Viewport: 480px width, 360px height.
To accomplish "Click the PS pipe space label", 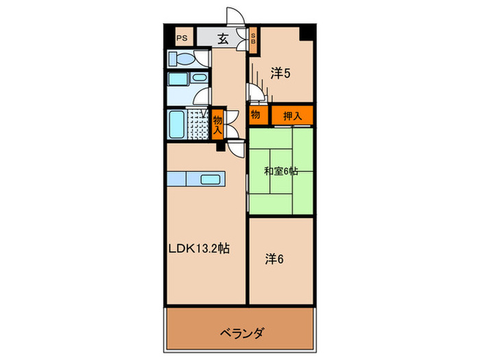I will click(x=182, y=39).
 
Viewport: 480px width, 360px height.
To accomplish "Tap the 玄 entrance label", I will click(x=223, y=40).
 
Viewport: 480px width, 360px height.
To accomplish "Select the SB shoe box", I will click(x=252, y=40).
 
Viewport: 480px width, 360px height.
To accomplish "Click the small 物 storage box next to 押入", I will click(x=255, y=116).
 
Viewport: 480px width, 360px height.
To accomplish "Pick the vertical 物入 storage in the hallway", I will click(x=217, y=124).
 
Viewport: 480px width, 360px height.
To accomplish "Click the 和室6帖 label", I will click(x=280, y=171).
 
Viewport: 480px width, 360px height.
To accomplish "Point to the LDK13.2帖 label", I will click(x=199, y=250).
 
